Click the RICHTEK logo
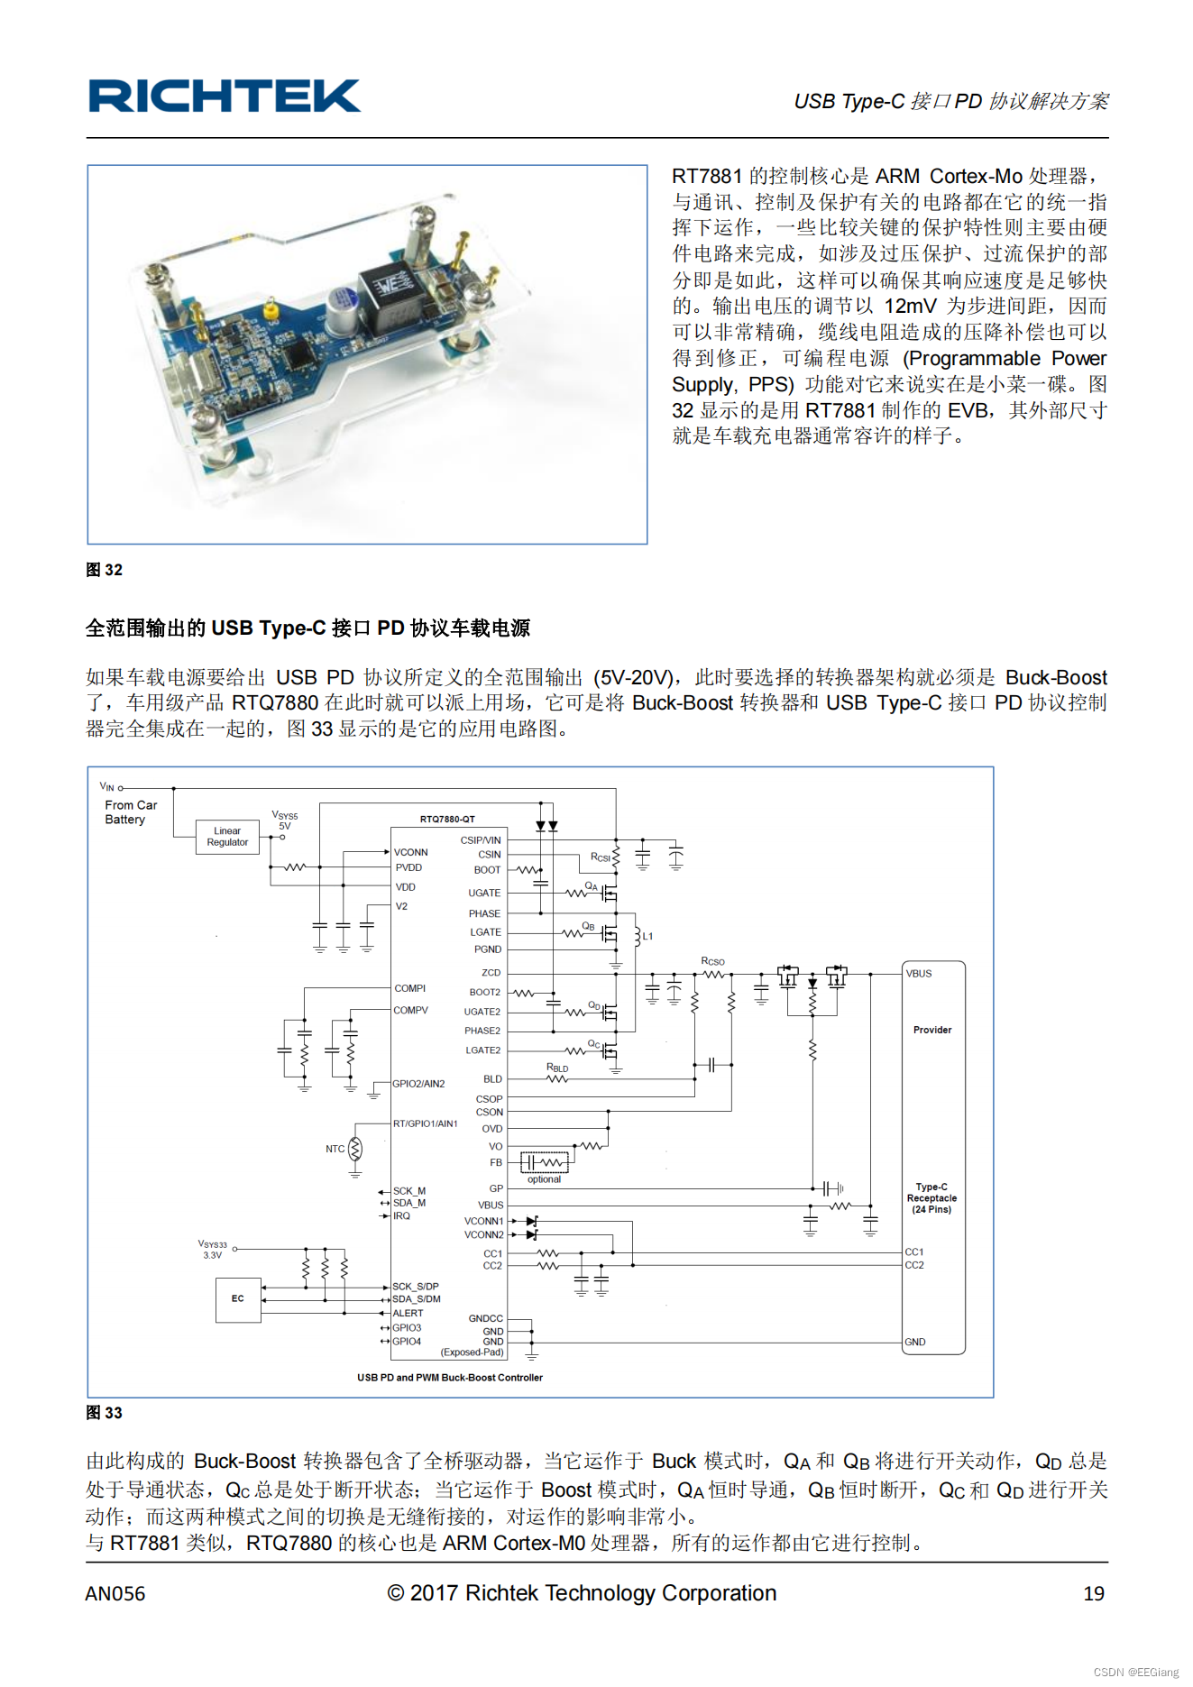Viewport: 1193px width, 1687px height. coord(224,96)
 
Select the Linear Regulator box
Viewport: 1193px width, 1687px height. coord(227,837)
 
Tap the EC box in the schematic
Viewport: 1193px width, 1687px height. coord(238,1299)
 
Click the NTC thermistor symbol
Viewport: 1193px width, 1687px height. coord(355,1150)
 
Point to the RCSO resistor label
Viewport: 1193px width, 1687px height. coord(712,961)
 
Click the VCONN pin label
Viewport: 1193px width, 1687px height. coord(411,852)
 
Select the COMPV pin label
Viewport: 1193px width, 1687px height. coord(410,1011)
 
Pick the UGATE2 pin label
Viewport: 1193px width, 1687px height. coord(482,1012)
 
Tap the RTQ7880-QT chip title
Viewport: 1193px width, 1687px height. coord(447,819)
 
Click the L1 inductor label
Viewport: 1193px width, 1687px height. coord(647,936)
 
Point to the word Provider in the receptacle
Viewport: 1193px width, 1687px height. coord(932,1030)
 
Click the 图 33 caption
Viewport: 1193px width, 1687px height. coord(104,1413)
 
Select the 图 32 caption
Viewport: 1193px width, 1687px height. coord(104,570)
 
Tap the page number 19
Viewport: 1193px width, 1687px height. coord(1094,1594)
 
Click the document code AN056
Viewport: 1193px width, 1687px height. coord(115,1594)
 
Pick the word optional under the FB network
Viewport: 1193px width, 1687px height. coord(544,1179)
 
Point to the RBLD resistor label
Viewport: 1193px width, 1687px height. coord(557,1068)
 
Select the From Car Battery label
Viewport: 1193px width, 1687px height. coord(130,812)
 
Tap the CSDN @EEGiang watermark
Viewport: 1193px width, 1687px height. coord(1136,1672)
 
